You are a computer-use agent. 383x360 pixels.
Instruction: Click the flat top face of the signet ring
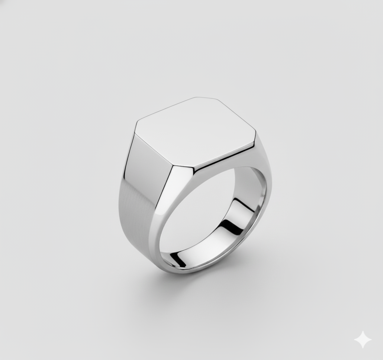(x=196, y=132)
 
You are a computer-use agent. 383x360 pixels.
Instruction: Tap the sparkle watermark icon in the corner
(x=363, y=340)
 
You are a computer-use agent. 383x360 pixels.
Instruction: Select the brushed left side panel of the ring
(x=140, y=192)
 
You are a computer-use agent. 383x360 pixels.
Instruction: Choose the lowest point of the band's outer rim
(x=189, y=273)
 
